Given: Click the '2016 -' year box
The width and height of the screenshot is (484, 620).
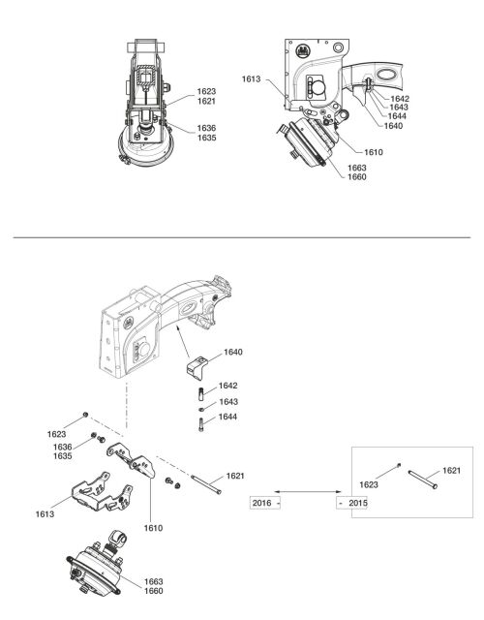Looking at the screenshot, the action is (x=265, y=503).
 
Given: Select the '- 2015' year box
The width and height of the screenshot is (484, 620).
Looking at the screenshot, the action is (x=352, y=503).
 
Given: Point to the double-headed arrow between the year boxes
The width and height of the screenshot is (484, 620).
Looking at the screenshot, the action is (x=309, y=491).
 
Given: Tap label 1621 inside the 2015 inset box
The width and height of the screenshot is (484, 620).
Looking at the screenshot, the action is (x=452, y=471).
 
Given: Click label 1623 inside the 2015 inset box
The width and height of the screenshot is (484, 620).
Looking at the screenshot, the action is (x=369, y=484).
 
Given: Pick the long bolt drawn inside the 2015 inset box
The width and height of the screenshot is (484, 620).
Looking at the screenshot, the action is (x=423, y=479).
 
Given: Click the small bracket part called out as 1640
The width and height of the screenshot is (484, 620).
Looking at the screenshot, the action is (x=197, y=368).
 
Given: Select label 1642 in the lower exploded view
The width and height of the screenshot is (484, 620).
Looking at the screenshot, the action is (x=228, y=386).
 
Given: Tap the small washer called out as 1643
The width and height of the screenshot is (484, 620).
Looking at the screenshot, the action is (x=201, y=409).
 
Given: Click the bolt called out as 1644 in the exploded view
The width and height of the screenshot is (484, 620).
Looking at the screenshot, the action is (x=201, y=424).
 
